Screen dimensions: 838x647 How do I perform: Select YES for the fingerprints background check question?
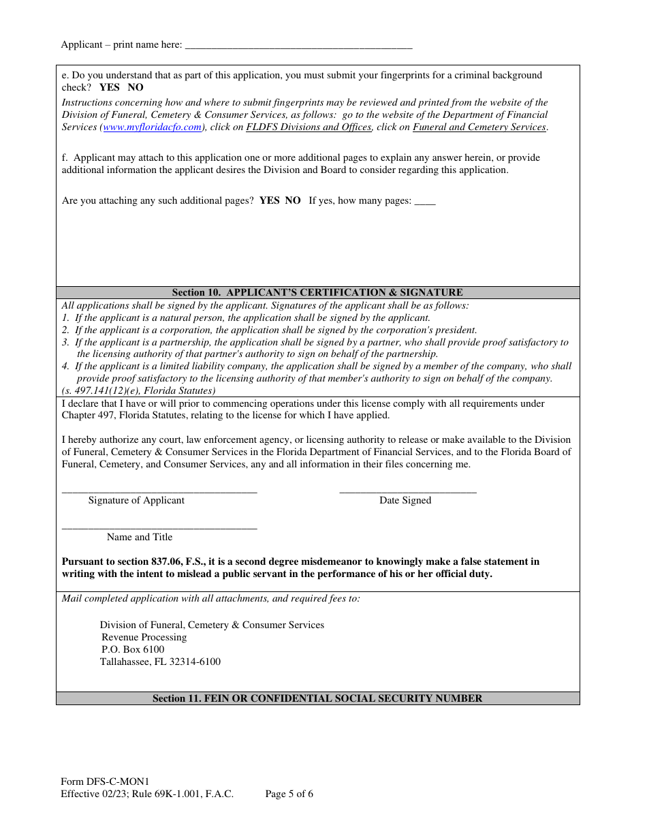109,88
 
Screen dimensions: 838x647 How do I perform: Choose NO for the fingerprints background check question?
136,88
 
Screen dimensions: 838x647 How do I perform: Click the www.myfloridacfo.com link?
152,127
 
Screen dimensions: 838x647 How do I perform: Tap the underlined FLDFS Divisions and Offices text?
309,127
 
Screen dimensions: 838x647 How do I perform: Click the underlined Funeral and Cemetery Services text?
479,127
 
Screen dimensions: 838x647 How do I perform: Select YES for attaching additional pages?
269,201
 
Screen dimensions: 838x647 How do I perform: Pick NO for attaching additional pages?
293,201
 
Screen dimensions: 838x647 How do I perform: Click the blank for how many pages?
425,202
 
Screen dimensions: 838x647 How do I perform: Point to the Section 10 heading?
317,292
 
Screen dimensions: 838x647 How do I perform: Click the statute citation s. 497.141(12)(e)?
138,391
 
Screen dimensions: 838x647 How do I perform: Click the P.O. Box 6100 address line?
133,650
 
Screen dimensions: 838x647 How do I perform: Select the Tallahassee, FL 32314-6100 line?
160,662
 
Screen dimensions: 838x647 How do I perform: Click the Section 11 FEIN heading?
317,698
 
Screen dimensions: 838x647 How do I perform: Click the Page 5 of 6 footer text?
289,794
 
